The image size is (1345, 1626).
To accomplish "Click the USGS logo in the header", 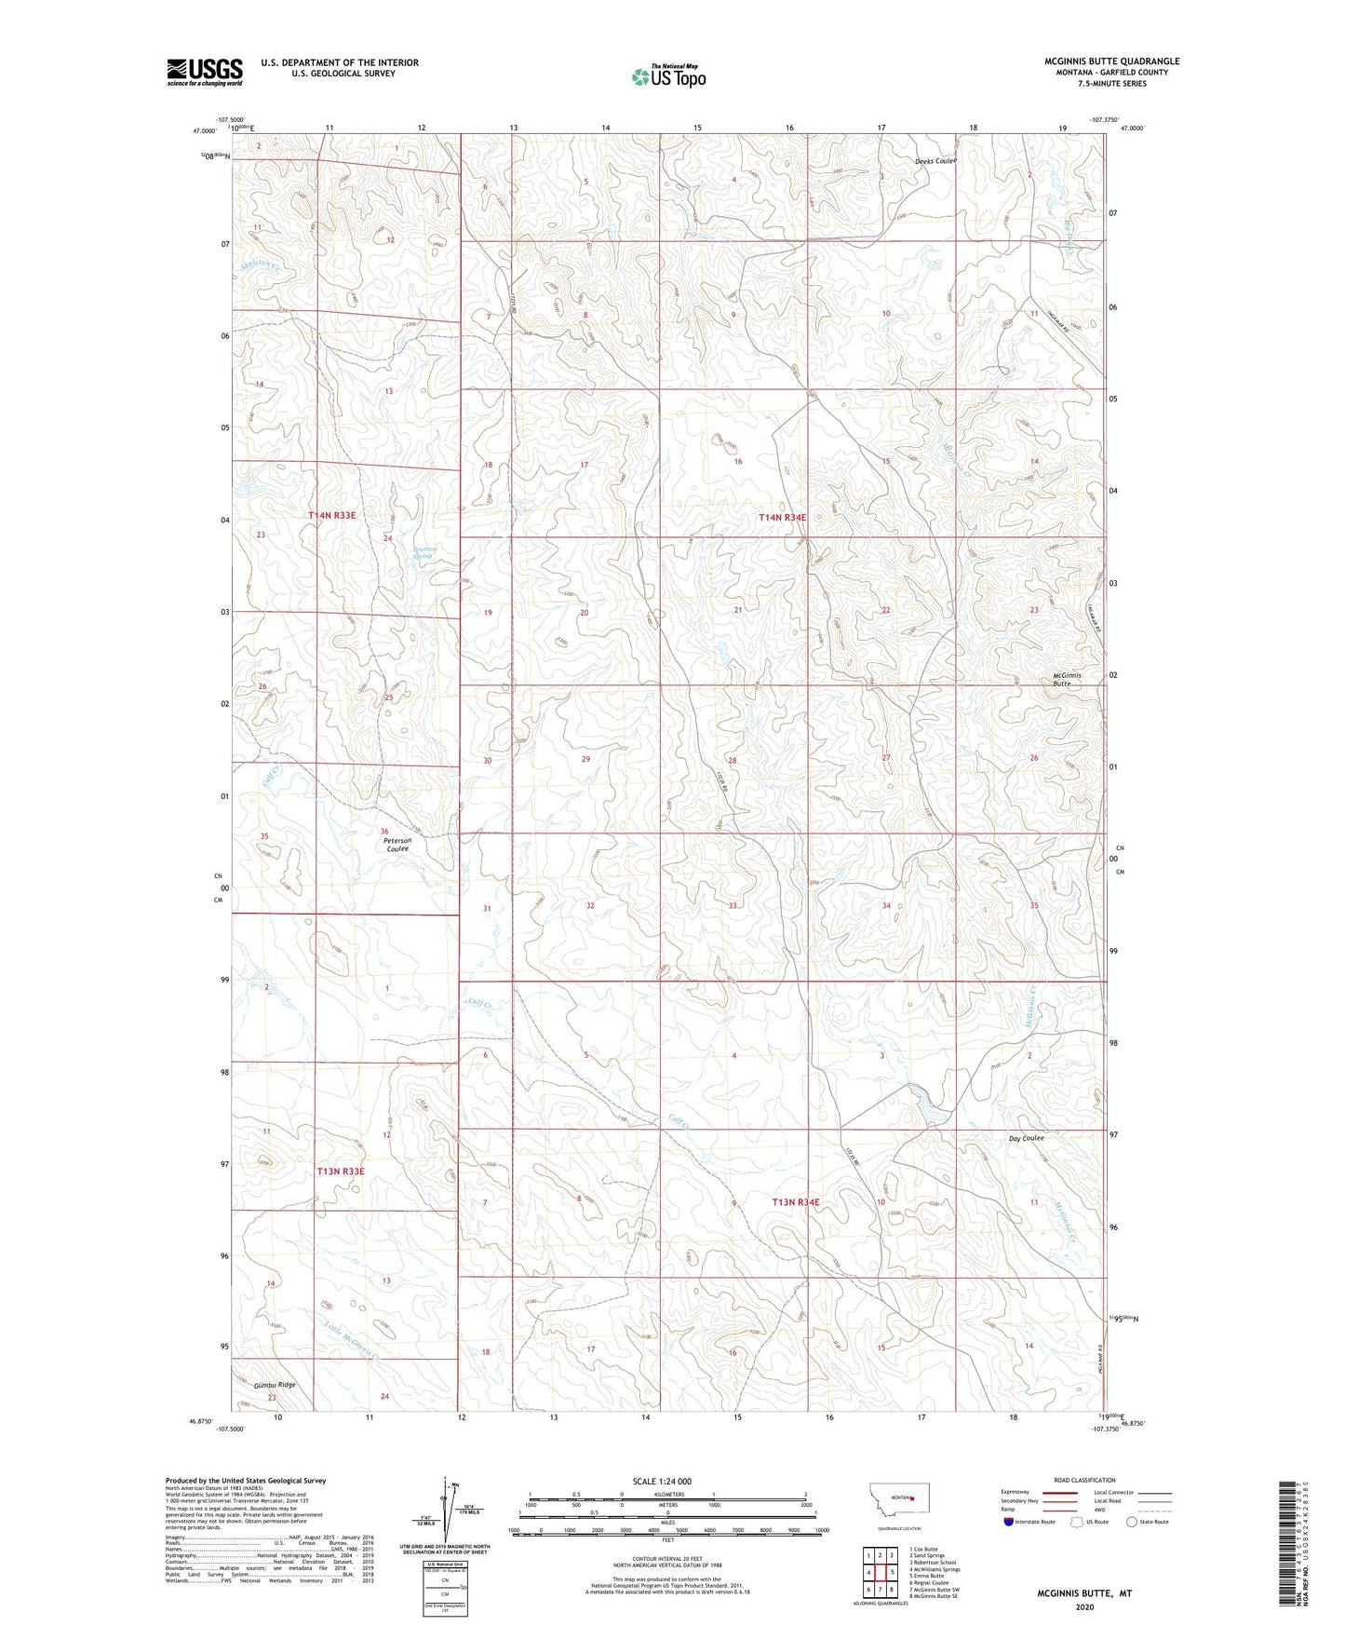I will pos(205,72).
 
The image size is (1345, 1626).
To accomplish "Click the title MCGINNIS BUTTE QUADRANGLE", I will pos(1111,61).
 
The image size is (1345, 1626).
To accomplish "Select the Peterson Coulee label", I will pos(397,844).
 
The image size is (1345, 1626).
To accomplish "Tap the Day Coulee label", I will pos(1026,1138).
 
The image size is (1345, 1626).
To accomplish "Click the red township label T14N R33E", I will pos(332,515).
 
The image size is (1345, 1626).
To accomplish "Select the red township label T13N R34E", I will pos(796,1202).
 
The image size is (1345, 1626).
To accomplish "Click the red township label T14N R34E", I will pos(782,517).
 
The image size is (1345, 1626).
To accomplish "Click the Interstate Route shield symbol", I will pos(1008,1522).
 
